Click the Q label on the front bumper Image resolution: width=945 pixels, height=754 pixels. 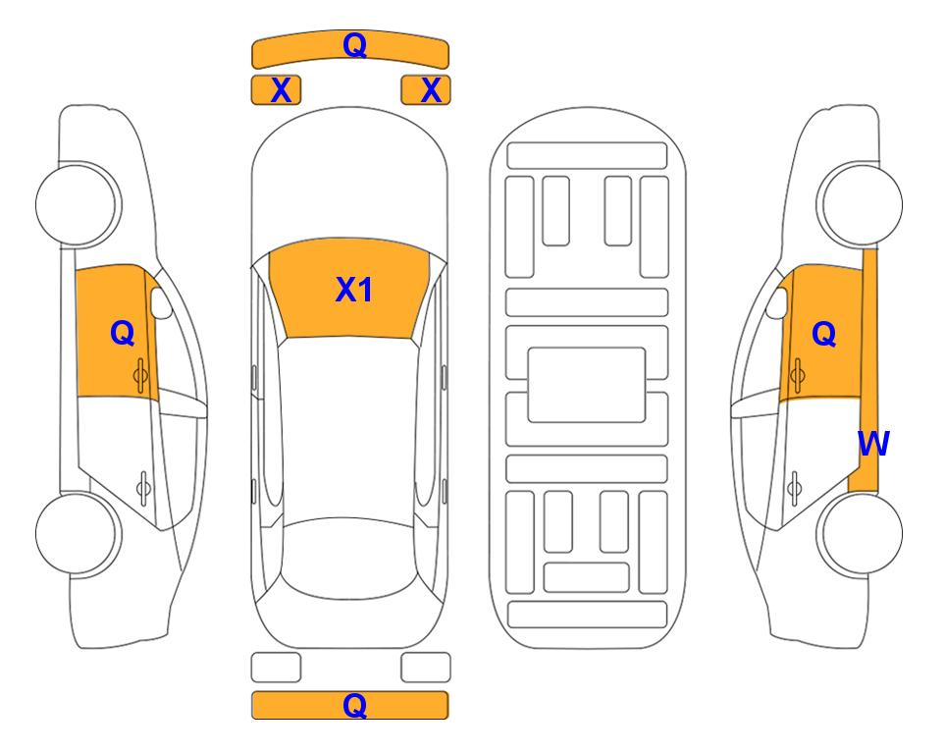pos(354,45)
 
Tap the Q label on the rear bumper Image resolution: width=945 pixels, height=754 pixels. pos(354,705)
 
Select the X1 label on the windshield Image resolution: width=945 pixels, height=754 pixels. pos(354,290)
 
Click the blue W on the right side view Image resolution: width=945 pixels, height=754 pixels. pos(873,444)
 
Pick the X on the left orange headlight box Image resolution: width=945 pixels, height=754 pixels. pos(281,90)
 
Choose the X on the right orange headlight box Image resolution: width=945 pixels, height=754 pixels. pos(431,90)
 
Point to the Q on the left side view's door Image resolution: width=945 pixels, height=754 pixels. pos(123,333)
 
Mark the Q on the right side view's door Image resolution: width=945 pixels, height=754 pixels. pos(824,334)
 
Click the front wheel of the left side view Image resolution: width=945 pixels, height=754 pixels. pos(79,204)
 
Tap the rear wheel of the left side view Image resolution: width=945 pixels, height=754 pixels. pos(79,533)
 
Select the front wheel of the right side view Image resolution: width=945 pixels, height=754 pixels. pos(860,204)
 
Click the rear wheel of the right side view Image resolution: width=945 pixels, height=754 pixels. pos(860,533)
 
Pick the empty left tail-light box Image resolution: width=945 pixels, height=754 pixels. pos(276,668)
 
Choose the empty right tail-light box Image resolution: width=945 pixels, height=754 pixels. pos(426,668)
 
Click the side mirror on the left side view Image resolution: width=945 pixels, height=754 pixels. pos(161,302)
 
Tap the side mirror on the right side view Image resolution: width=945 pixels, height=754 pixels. pos(777,302)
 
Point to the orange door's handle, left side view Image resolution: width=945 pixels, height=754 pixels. pos(141,375)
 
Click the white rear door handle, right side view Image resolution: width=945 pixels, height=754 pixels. pos(795,489)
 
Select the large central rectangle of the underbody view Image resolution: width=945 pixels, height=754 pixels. pos(587,385)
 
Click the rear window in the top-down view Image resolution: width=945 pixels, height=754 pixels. pos(349,558)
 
